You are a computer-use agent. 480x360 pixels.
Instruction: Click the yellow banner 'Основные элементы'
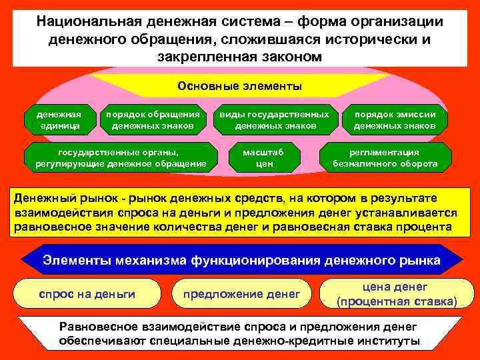[x=239, y=86]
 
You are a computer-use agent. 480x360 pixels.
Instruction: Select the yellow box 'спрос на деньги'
[x=87, y=294]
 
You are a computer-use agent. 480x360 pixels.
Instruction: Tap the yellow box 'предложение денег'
[x=242, y=294]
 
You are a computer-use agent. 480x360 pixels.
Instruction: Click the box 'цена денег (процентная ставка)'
[x=397, y=294]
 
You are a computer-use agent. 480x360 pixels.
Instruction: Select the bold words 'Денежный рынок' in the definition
[x=55, y=199]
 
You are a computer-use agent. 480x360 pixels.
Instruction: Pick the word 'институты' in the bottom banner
[x=390, y=341]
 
